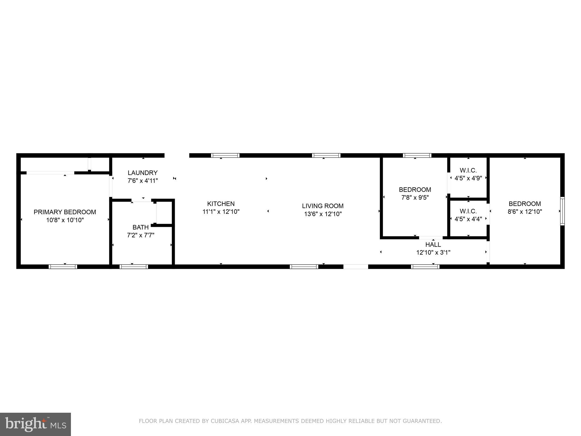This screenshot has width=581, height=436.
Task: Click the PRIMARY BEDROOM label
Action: (x=65, y=212)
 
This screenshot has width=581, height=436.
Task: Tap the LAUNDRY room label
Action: (x=142, y=173)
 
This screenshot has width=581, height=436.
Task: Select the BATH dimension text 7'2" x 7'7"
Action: (x=140, y=235)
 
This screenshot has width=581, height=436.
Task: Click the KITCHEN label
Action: (x=221, y=204)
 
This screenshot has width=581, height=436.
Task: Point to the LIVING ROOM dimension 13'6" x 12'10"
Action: (x=323, y=214)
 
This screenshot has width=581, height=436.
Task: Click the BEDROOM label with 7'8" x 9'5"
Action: (x=415, y=190)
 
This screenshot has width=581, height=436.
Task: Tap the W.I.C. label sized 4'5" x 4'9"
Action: (x=468, y=171)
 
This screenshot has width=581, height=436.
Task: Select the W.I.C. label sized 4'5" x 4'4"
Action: (x=468, y=211)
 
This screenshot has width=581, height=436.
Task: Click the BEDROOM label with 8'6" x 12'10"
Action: (x=525, y=204)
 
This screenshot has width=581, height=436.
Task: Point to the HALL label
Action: (x=433, y=245)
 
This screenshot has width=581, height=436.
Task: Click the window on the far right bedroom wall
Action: (x=562, y=211)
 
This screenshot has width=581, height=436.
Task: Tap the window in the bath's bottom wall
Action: (x=134, y=267)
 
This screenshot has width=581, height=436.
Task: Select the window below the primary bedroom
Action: (x=63, y=267)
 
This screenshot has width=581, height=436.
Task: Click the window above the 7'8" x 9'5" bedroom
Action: (x=417, y=155)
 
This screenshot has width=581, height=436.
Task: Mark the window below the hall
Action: (x=425, y=267)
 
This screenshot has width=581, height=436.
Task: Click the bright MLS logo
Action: (x=35, y=424)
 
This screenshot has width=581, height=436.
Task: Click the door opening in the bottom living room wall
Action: (x=356, y=267)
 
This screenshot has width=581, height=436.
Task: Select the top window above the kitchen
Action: (x=225, y=155)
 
